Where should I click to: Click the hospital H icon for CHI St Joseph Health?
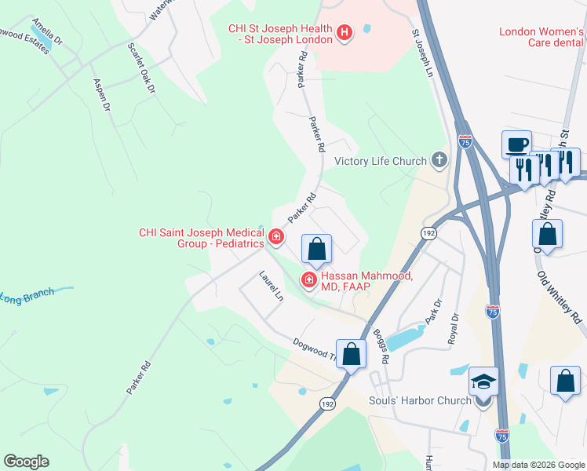point(344,33)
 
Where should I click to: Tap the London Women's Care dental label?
point(542,38)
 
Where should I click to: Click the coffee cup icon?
point(516,144)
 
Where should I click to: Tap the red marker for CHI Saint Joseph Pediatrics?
point(275,236)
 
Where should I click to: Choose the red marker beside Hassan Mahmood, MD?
point(309,280)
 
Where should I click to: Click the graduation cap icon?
point(483,382)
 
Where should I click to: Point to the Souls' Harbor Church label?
point(420,400)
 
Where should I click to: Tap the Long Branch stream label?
point(27,297)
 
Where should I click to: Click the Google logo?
point(26,462)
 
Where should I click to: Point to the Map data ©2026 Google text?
point(538,465)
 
